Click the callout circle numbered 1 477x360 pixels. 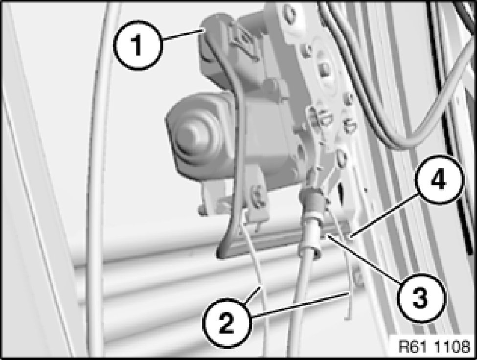tap(138, 45)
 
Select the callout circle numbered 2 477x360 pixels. tap(227, 322)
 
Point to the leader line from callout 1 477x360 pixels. tap(182, 33)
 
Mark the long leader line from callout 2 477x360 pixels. tap(300, 305)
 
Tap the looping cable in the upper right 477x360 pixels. tap(426, 100)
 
